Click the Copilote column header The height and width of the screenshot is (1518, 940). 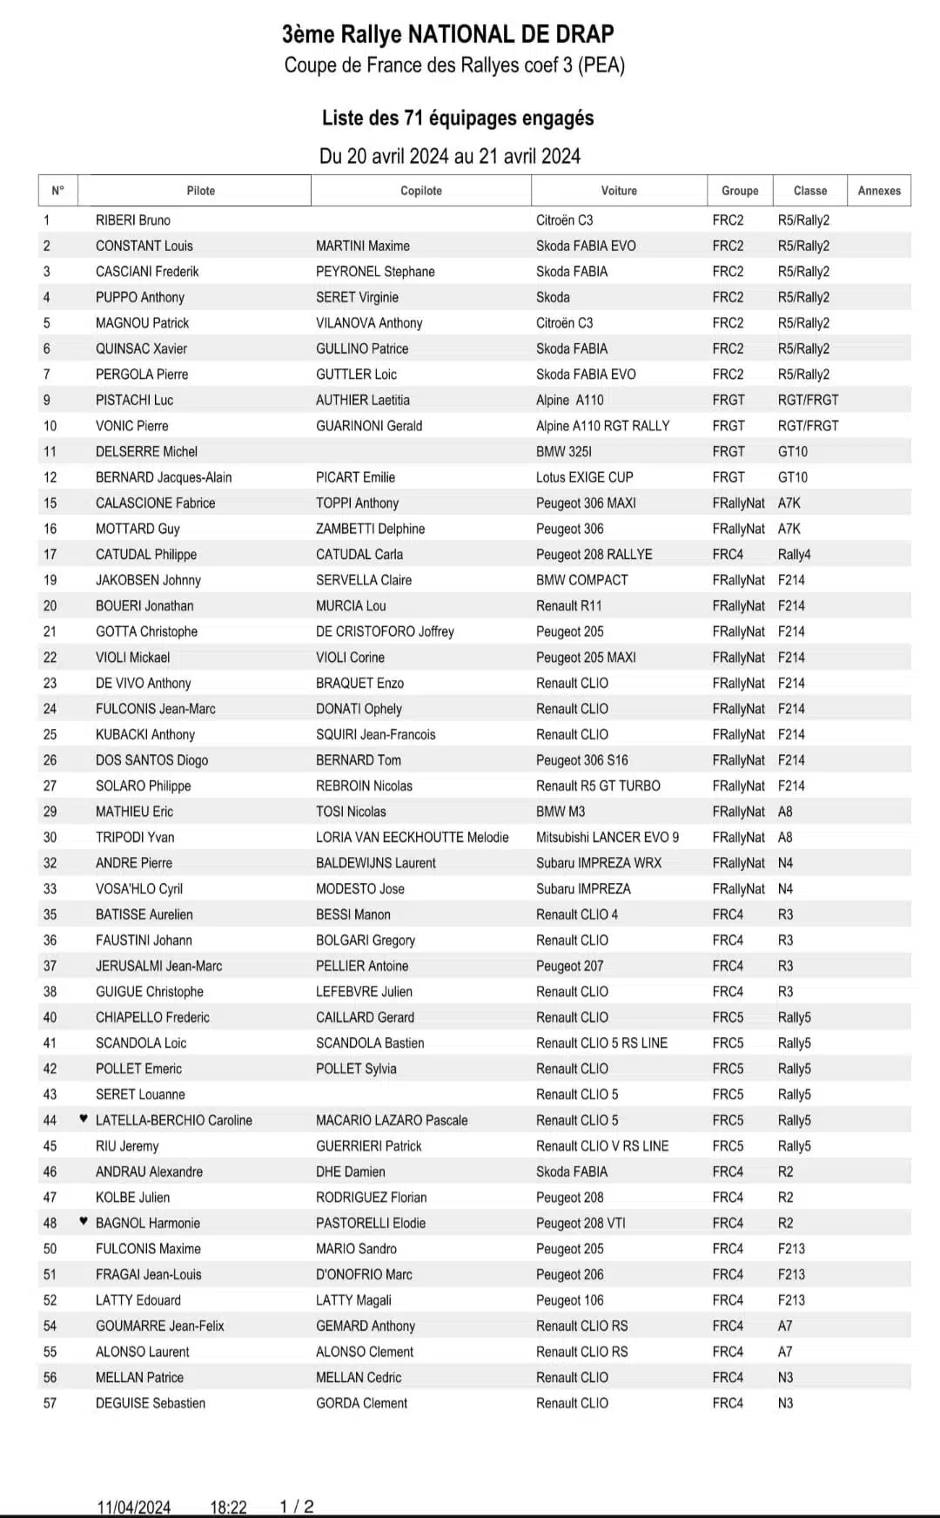[420, 191]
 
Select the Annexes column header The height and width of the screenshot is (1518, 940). [879, 191]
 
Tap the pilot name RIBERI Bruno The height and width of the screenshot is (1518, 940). [132, 220]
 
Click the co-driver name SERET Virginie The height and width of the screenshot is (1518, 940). [357, 297]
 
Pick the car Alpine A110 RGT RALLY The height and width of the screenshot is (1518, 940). [602, 426]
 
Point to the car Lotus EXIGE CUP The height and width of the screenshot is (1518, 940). [584, 477]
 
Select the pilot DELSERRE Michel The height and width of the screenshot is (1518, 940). [146, 451]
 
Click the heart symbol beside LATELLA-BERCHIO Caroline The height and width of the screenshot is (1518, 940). [84, 1119]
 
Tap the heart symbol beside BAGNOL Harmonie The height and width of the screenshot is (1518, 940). [84, 1222]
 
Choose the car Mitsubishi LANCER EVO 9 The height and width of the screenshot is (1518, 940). [608, 837]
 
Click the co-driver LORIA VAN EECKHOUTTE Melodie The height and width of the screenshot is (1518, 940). [412, 837]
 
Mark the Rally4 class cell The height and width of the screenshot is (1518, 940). [794, 554]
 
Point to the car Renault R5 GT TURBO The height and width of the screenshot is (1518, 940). [598, 786]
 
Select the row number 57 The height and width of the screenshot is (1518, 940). [50, 1403]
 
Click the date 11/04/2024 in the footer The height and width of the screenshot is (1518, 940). [134, 1507]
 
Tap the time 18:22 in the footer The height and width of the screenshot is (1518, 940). [228, 1507]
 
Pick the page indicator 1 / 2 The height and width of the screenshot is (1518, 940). [296, 1506]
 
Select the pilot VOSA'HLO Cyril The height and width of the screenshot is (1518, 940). [139, 888]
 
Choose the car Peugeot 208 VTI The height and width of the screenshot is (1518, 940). [581, 1223]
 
